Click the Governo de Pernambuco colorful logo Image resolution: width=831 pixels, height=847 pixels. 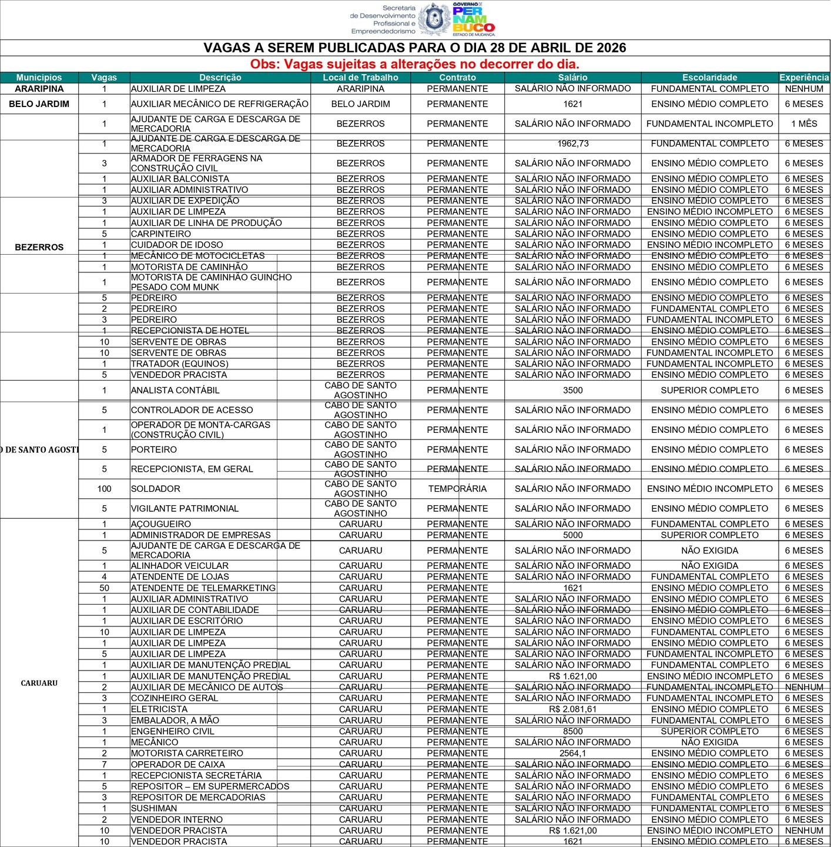473,19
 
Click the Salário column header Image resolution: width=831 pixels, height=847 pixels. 572,78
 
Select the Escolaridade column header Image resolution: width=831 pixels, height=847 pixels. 709,78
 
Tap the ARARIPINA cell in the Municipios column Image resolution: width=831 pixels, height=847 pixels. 39,89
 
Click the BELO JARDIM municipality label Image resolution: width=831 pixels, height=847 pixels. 39,104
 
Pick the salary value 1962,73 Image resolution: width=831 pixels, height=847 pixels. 572,144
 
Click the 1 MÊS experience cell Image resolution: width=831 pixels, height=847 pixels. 804,124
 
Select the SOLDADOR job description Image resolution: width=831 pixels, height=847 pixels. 156,489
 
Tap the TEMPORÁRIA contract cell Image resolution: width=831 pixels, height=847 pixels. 457,489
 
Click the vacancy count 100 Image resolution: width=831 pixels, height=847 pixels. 105,489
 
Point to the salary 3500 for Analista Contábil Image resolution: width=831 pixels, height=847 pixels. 572,390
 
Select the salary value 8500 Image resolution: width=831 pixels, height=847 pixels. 572,731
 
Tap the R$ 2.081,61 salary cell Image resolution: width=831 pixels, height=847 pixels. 572,709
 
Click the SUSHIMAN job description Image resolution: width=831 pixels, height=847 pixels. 154,808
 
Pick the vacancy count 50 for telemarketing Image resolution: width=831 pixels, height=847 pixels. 105,588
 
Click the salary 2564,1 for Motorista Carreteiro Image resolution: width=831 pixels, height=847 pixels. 572,753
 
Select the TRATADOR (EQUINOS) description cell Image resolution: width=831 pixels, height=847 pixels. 180,364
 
